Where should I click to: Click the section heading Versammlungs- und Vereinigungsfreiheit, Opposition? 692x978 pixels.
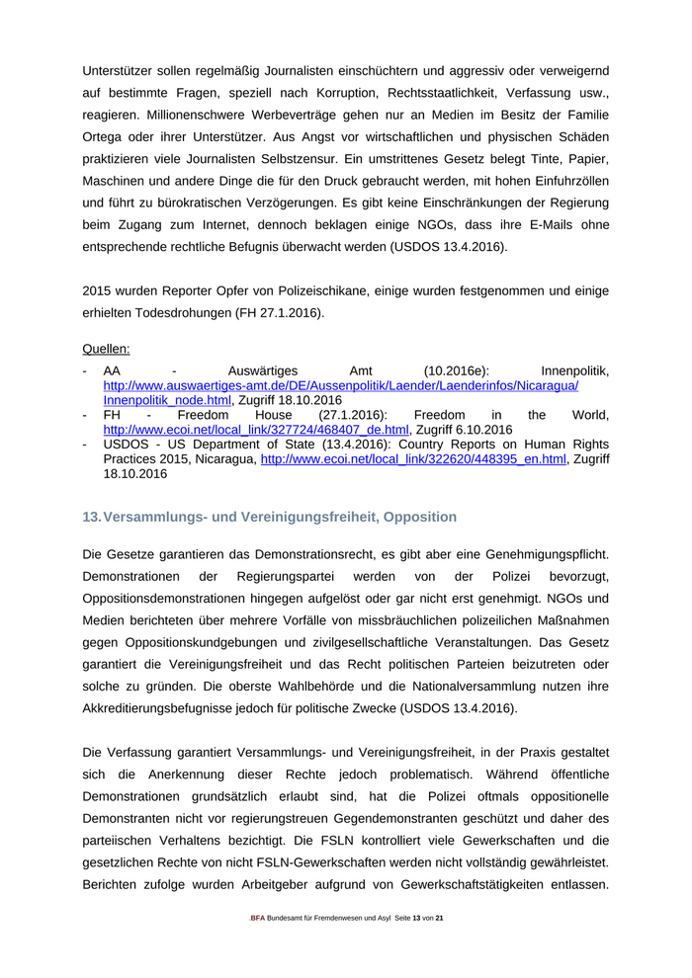tap(280, 517)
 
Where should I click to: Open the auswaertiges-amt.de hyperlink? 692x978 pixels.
tap(341, 385)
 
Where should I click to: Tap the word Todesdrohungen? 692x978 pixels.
tap(192, 312)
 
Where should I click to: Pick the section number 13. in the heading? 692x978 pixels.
tap(91, 517)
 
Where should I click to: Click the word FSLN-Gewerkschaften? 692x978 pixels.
tap(290, 861)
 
